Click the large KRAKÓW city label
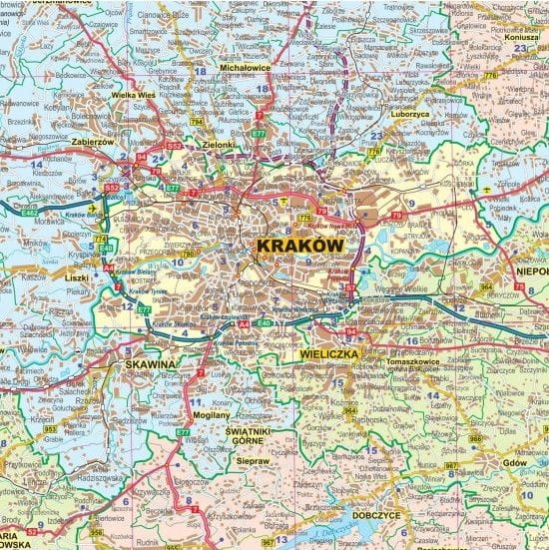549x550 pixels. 299,245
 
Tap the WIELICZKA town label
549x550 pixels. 327,353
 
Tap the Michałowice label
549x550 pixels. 246,69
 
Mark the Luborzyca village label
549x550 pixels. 409,115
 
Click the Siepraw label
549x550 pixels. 255,461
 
